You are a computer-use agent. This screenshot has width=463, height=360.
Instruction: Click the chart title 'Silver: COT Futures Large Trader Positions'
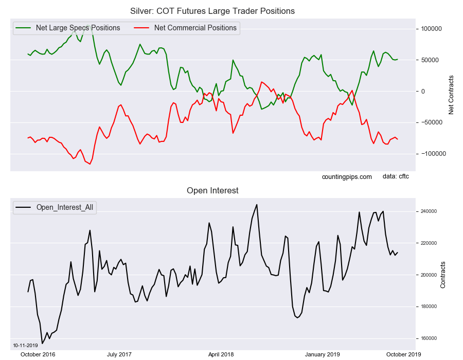[212, 11]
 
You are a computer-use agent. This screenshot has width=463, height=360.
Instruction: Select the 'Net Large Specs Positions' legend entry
[78, 28]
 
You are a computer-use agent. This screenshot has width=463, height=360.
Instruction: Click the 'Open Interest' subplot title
[212, 190]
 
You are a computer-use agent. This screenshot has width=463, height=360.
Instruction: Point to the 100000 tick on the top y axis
[431, 29]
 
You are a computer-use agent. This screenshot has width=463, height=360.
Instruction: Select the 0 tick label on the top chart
[423, 92]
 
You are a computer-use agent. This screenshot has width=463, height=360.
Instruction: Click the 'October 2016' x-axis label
[38, 354]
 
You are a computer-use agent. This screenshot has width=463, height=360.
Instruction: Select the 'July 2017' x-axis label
[119, 354]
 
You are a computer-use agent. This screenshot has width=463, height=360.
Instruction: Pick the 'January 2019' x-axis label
[322, 354]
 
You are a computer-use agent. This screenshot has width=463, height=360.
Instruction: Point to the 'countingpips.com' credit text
[347, 176]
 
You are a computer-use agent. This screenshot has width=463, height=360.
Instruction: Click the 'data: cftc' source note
[396, 176]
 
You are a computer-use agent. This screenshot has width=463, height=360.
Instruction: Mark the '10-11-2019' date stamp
[24, 345]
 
